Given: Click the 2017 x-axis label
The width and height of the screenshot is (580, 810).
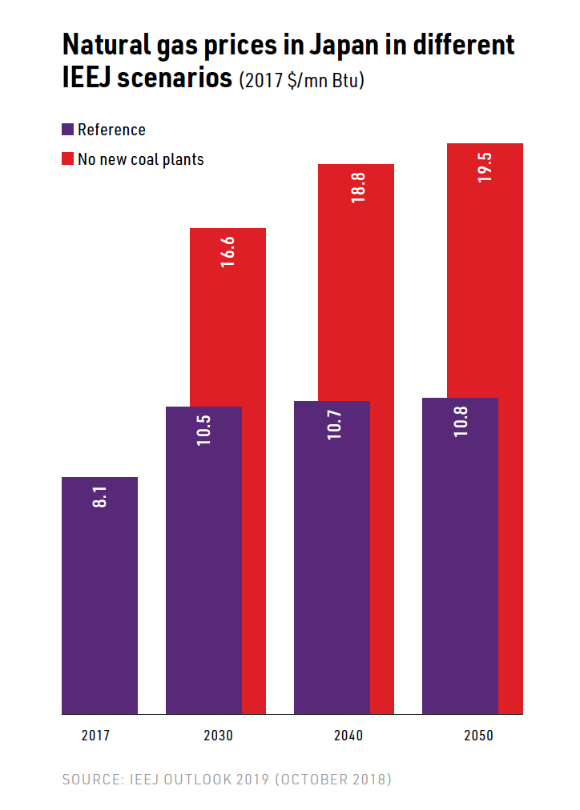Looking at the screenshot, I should pos(95,736).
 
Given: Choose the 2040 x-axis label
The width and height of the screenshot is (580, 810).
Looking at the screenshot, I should pos(348,736).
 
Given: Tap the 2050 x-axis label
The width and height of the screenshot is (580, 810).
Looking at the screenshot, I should pos(478,736).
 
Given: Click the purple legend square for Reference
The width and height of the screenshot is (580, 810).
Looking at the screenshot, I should pos(68,130).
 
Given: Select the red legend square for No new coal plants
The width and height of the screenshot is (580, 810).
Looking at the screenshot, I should pos(68,158).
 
